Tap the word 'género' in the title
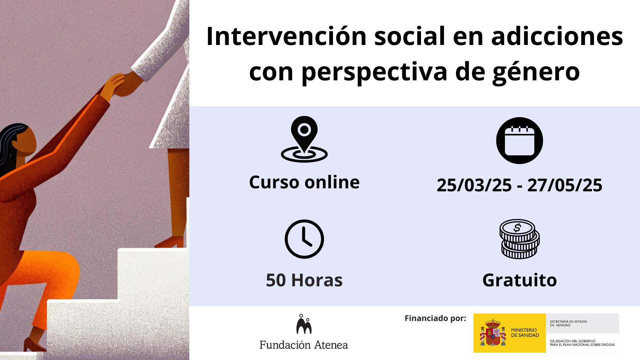tap(536, 72)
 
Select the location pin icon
tap(304, 139)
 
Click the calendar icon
tap(519, 140)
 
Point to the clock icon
tap(304, 239)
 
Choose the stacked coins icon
tap(519, 239)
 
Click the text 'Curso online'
tap(304, 182)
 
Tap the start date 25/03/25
tap(474, 185)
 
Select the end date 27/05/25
tap(565, 185)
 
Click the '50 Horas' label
tap(304, 280)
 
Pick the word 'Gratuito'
tap(519, 280)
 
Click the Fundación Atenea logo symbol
tap(304, 324)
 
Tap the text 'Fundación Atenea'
tap(304, 345)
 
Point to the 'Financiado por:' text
tap(435, 318)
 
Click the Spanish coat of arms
tap(493, 333)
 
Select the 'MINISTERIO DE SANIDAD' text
tap(525, 333)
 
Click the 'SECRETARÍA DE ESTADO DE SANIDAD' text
tap(568, 323)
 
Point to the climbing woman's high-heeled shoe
tap(33, 345)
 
